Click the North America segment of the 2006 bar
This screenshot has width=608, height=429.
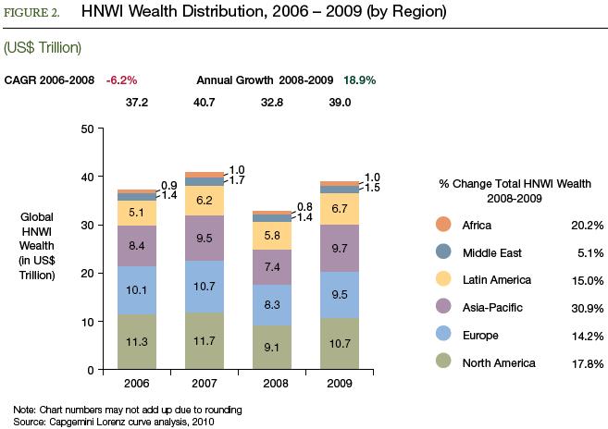[137, 342]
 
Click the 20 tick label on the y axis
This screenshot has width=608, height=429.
[86, 274]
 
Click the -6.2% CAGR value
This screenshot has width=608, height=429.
[121, 80]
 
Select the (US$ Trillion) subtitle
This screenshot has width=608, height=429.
[43, 45]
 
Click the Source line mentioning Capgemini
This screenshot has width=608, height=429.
[109, 420]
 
